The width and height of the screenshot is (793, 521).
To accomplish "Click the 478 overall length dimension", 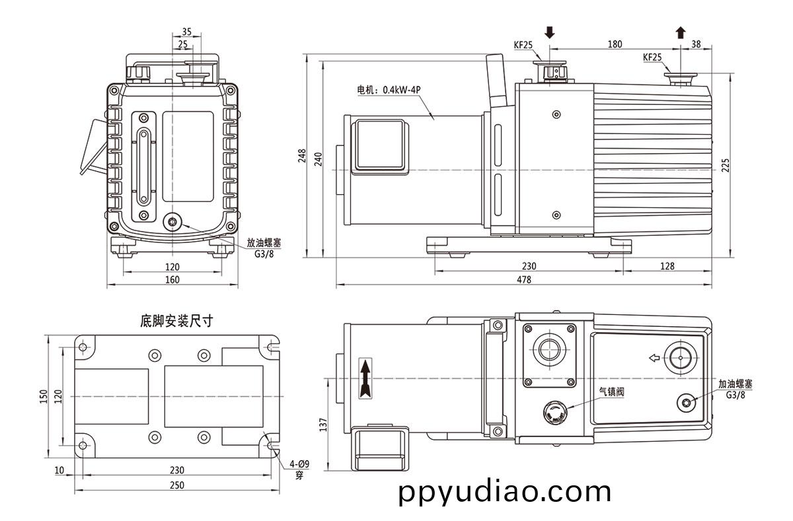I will (x=524, y=280).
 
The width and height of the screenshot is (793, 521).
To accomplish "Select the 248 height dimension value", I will (x=302, y=156).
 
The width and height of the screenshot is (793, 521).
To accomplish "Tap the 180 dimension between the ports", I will (x=614, y=44).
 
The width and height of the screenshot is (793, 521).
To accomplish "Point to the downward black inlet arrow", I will (x=549, y=32).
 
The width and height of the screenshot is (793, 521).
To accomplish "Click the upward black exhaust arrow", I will (x=681, y=32).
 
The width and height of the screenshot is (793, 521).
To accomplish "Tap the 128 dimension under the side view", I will (x=667, y=266).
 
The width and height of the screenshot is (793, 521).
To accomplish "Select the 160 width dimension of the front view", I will (x=172, y=279).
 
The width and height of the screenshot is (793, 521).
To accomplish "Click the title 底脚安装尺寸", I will (x=172, y=322).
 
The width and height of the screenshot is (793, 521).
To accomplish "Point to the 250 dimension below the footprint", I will (x=176, y=485).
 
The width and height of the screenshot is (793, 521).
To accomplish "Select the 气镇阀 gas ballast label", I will (x=611, y=391).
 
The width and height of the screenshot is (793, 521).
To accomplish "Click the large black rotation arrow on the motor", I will (x=365, y=378).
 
